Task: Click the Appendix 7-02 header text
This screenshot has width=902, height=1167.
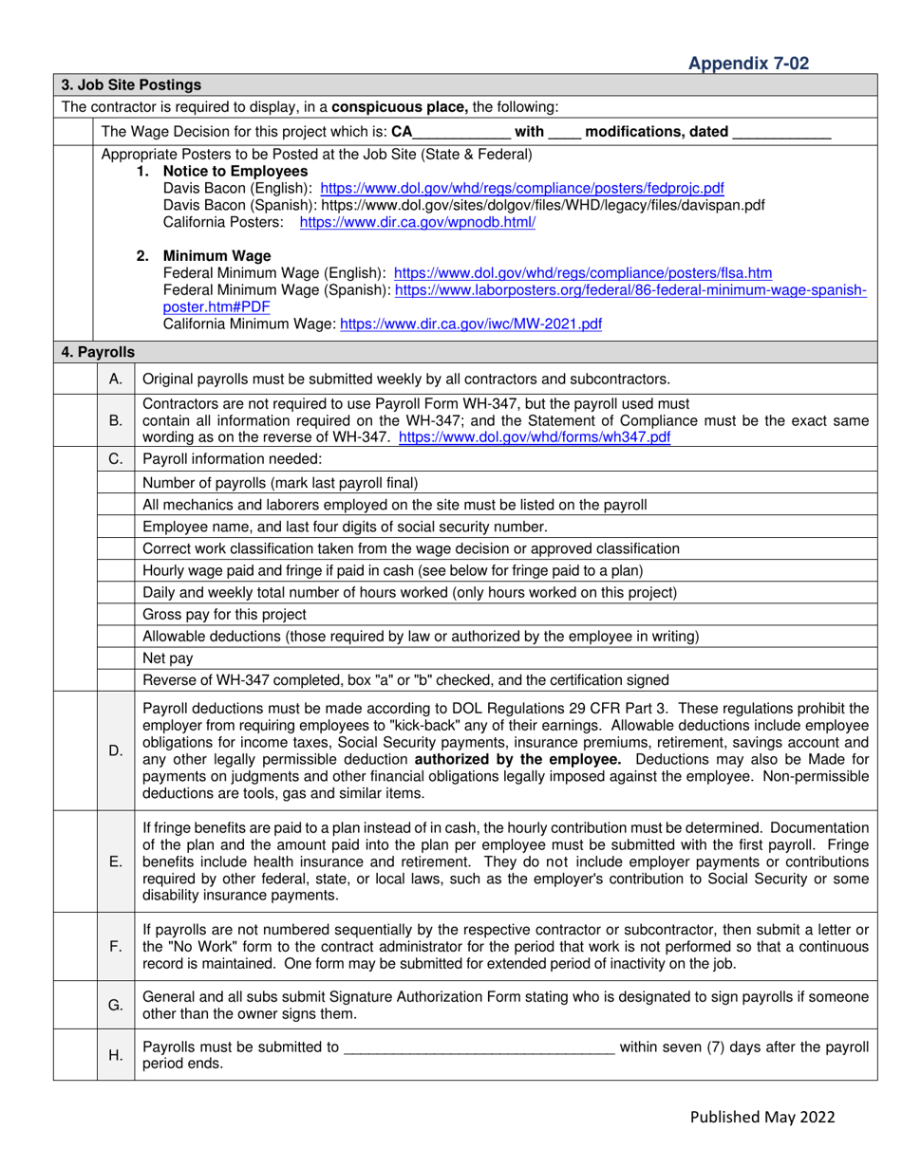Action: pos(748,64)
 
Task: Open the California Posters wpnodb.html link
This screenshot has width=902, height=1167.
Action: pos(417,223)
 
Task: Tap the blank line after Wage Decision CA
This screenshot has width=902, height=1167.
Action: pos(462,133)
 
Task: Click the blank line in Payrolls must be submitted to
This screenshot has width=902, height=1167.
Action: pos(479,1047)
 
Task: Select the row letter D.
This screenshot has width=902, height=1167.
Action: pos(115,750)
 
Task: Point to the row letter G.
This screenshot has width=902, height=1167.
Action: pos(115,1005)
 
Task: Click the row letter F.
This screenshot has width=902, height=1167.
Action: pos(115,946)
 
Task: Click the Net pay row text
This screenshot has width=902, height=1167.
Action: pos(162,657)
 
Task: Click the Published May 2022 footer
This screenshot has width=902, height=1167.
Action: pos(765,1117)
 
